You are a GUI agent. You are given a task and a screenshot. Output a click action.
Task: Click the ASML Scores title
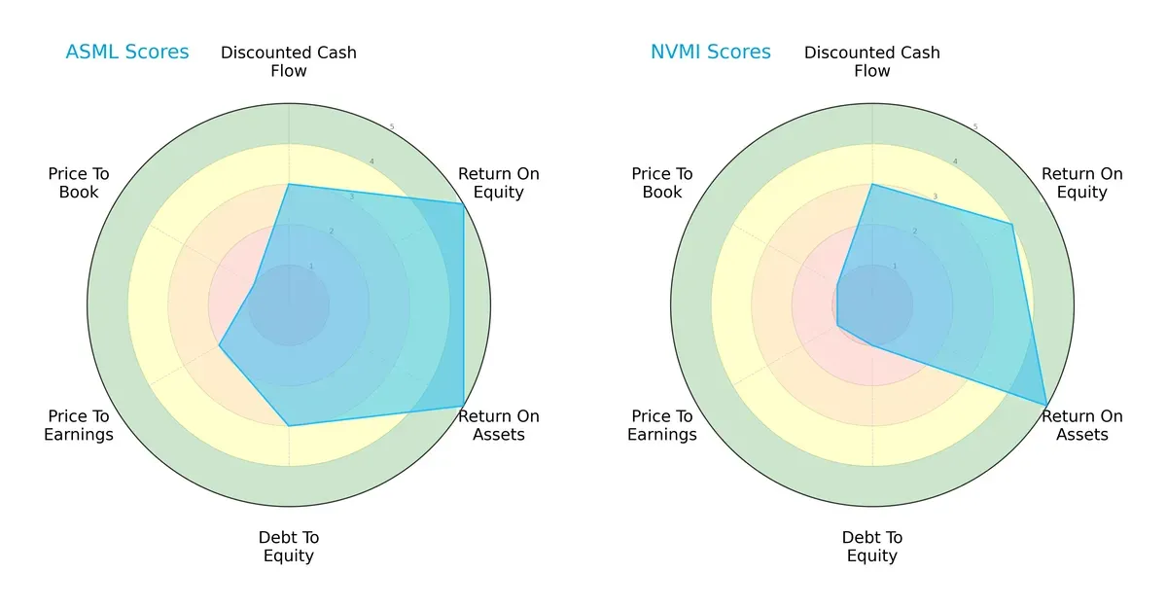tap(126, 52)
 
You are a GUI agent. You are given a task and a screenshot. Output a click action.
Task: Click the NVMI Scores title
tap(710, 52)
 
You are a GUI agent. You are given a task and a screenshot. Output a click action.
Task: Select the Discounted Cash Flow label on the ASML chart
tap(289, 61)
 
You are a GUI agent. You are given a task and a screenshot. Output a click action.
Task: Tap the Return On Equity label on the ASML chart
tap(499, 183)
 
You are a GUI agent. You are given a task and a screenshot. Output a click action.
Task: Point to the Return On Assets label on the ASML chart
tap(499, 425)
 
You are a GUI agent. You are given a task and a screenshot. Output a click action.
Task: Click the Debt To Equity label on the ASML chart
tap(289, 547)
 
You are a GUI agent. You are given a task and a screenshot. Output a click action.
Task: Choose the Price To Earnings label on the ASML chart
tap(79, 425)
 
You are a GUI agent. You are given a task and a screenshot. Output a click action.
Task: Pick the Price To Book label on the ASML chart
tap(79, 183)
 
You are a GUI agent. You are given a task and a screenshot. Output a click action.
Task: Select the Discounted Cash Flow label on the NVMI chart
tap(872, 61)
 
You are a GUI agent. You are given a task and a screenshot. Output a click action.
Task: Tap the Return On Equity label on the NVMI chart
tap(1082, 183)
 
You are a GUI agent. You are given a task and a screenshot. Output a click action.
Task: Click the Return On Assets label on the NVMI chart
tap(1082, 425)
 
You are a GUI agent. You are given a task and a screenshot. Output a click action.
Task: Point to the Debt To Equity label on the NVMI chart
tap(872, 547)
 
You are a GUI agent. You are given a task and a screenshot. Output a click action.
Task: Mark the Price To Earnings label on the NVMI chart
tap(662, 425)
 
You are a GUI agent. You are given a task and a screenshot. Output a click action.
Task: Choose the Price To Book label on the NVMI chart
tap(662, 183)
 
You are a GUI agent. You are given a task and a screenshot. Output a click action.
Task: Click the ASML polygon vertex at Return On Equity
tap(463, 203)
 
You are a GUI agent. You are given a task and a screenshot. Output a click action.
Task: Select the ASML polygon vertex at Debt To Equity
tap(289, 425)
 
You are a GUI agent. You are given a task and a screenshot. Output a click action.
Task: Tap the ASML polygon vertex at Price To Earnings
tap(220, 345)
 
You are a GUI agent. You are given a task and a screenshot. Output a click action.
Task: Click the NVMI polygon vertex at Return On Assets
tap(1046, 405)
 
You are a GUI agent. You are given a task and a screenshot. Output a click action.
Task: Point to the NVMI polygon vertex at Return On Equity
tap(1011, 225)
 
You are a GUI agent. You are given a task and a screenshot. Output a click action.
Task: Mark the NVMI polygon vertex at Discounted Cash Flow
tap(872, 184)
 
